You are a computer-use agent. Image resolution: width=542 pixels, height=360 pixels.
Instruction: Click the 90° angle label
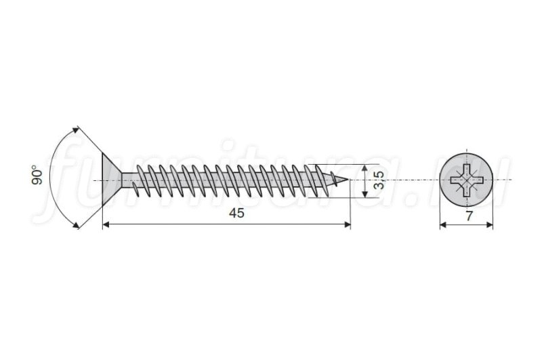38,176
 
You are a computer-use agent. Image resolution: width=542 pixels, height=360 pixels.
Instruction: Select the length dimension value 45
236,213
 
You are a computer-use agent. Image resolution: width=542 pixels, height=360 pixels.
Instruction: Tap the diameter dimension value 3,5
379,180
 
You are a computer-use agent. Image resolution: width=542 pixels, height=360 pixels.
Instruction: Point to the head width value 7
469,216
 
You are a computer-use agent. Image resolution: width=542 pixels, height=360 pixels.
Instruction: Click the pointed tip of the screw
349,180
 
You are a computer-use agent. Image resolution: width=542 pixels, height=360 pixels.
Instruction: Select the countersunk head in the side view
111,180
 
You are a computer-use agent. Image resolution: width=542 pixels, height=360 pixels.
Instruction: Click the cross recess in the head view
466,180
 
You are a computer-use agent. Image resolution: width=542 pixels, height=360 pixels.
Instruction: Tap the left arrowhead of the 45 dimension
106,225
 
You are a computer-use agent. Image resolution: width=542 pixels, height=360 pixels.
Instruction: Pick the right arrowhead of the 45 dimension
348,225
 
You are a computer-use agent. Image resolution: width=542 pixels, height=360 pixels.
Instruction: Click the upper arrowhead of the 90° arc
75,130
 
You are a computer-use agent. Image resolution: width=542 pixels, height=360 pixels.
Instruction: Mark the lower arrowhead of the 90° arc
75,226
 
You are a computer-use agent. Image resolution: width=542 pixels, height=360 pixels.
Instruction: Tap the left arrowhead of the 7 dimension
443,225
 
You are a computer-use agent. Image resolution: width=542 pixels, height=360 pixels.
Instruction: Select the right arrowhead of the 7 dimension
489,225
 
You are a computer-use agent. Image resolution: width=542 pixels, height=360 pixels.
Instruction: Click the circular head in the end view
466,180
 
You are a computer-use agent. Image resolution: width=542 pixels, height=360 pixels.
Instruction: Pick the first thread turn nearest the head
138,180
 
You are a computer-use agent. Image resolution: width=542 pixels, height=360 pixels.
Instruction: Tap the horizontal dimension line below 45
227,225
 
